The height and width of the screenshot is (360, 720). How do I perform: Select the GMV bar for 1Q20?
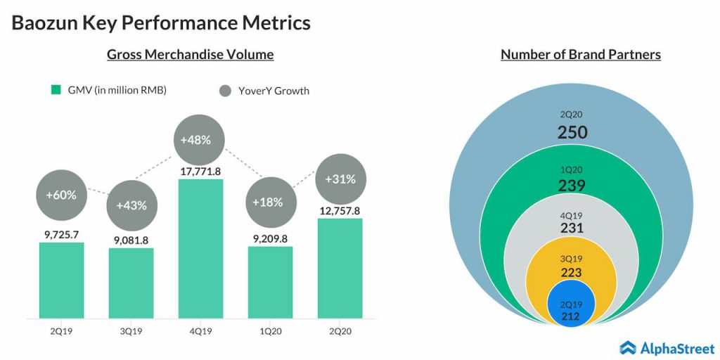pyautogui.click(x=270, y=282)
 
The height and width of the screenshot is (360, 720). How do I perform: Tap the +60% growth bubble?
pyautogui.click(x=61, y=195)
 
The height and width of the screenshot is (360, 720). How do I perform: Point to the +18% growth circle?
pyautogui.click(x=270, y=202)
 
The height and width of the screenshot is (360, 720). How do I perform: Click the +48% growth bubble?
pyautogui.click(x=200, y=139)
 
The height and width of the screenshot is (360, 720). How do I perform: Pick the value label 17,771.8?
pyautogui.click(x=200, y=169)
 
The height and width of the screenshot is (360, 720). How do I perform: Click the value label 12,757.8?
pyautogui.click(x=340, y=210)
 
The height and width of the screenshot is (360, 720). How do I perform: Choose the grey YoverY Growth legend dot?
pyautogui.click(x=225, y=91)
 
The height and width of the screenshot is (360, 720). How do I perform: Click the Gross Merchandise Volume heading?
pyautogui.click(x=190, y=54)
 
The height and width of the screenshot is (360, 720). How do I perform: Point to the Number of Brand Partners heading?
pyautogui.click(x=580, y=54)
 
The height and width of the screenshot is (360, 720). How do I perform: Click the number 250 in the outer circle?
pyautogui.click(x=572, y=131)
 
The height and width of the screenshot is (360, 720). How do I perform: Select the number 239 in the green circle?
pyautogui.click(x=572, y=185)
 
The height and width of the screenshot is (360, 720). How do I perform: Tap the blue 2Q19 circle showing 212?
pyautogui.click(x=572, y=304)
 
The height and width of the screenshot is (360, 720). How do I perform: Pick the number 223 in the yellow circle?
pyautogui.click(x=572, y=272)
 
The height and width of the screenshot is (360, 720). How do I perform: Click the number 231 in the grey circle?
pyautogui.click(x=572, y=228)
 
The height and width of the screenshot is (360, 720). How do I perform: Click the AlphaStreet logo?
pyautogui.click(x=666, y=347)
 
